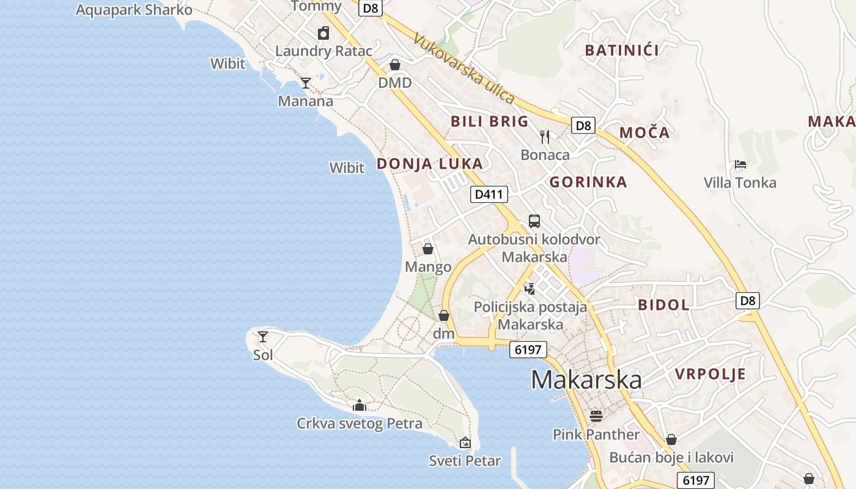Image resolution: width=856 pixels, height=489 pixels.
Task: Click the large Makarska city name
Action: [586, 380]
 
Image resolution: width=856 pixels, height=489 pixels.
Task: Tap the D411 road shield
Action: [489, 194]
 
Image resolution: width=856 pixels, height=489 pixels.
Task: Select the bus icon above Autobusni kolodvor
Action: [534, 221]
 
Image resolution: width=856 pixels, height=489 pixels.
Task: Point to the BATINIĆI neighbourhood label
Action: [622, 50]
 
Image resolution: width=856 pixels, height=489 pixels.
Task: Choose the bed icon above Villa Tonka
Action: [740, 164]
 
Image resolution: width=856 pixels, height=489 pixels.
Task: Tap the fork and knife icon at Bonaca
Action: [545, 136]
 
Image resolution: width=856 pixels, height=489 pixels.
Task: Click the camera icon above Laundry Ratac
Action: [323, 33]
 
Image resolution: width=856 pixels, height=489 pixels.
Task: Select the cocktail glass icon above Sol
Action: [263, 336]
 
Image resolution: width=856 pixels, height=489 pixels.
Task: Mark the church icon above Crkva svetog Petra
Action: [360, 405]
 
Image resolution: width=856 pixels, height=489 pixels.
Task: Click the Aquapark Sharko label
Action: [134, 10]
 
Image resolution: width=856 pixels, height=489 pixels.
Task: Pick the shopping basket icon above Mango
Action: [428, 249]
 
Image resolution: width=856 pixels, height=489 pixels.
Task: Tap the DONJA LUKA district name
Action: [429, 163]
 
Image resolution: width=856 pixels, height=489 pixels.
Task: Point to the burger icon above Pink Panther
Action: [596, 416]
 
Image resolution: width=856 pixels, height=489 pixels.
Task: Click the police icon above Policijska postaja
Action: [530, 289]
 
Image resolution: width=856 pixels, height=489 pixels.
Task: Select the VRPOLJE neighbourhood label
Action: [710, 373]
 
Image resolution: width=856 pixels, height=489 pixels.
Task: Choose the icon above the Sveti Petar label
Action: [465, 443]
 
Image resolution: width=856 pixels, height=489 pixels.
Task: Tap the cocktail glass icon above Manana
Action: [306, 83]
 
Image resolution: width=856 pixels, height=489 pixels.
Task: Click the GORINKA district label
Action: [588, 182]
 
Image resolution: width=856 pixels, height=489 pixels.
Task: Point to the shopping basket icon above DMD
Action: [395, 65]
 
